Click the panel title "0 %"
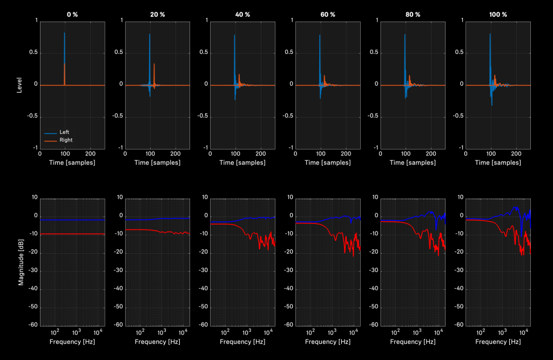[72, 14]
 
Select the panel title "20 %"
[158, 14]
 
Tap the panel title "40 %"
[242, 14]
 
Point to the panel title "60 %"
[328, 14]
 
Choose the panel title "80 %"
[413, 14]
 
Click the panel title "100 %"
[498, 14]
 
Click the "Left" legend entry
[64, 132]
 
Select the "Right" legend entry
[65, 140]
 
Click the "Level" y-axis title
[20, 85]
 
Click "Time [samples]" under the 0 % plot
[72, 162]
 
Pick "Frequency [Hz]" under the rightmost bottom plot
[498, 342]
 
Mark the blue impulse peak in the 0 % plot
[64, 33]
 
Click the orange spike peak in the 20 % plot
[154, 64]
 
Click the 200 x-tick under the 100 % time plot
[516, 153]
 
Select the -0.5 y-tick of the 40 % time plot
[203, 116]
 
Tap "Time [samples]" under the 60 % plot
[328, 162]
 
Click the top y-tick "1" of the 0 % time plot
[37, 21]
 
